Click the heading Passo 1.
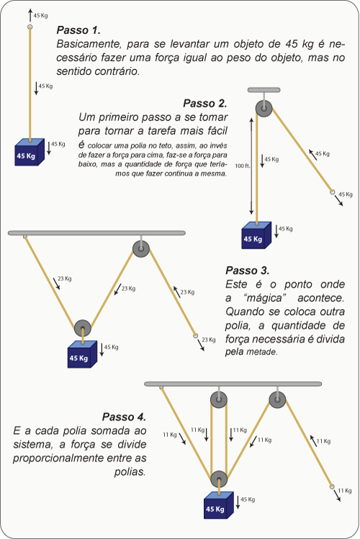point(78,30)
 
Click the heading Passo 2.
point(204,103)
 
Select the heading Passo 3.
point(248,270)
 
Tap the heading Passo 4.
point(124,417)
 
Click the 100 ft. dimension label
point(243,166)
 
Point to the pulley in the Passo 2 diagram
point(264,109)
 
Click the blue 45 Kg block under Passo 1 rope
point(30,152)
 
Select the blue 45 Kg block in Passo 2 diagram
point(256,236)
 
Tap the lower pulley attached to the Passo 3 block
point(83,329)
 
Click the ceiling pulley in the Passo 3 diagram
point(141,249)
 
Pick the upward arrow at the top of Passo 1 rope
point(30,15)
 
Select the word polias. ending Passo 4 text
point(130,472)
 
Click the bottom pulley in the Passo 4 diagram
point(219,479)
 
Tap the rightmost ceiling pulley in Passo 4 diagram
point(277,400)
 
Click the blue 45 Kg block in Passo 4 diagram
point(219,505)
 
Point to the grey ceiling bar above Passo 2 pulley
point(264,90)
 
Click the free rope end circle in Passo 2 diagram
point(332,192)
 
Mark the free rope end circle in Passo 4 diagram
point(332,486)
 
